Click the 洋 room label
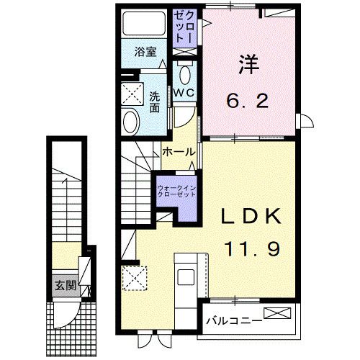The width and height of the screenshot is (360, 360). click(248, 64)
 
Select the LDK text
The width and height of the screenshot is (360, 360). click(249, 216)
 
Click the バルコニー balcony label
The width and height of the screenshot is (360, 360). click(232, 317)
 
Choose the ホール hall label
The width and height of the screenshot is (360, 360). click(176, 152)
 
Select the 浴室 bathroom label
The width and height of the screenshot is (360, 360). click(147, 52)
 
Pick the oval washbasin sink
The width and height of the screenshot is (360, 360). click(131, 122)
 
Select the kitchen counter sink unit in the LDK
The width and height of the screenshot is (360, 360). click(186, 277)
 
